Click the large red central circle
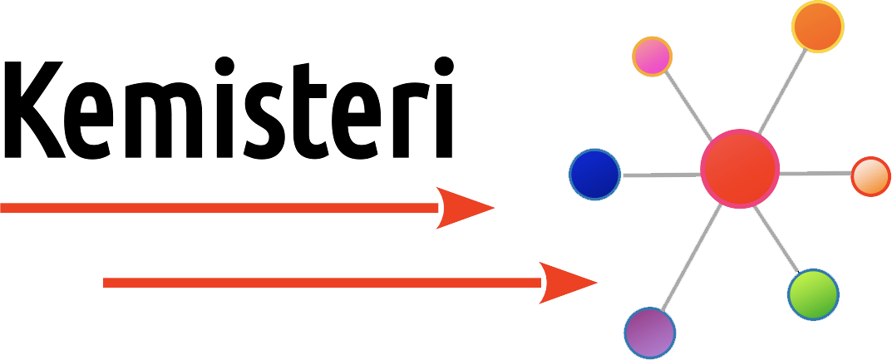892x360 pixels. click(740, 169)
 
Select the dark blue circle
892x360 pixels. click(594, 175)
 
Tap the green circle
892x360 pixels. click(814, 294)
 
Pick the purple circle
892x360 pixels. click(649, 333)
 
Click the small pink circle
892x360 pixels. click(652, 57)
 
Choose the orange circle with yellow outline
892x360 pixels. click(817, 27)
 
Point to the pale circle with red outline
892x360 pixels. click(870, 176)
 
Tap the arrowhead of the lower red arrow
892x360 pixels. click(567, 283)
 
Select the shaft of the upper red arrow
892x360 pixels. click(219, 208)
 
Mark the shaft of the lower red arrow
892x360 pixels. click(322, 283)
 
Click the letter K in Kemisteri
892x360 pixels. click(34, 109)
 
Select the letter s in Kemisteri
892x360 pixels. click(264, 120)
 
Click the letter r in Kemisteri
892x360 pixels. click(412, 120)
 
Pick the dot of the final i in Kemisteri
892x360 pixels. click(444, 66)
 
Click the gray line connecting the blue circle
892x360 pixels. click(662, 175)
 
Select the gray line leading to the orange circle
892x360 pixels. click(782, 91)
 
